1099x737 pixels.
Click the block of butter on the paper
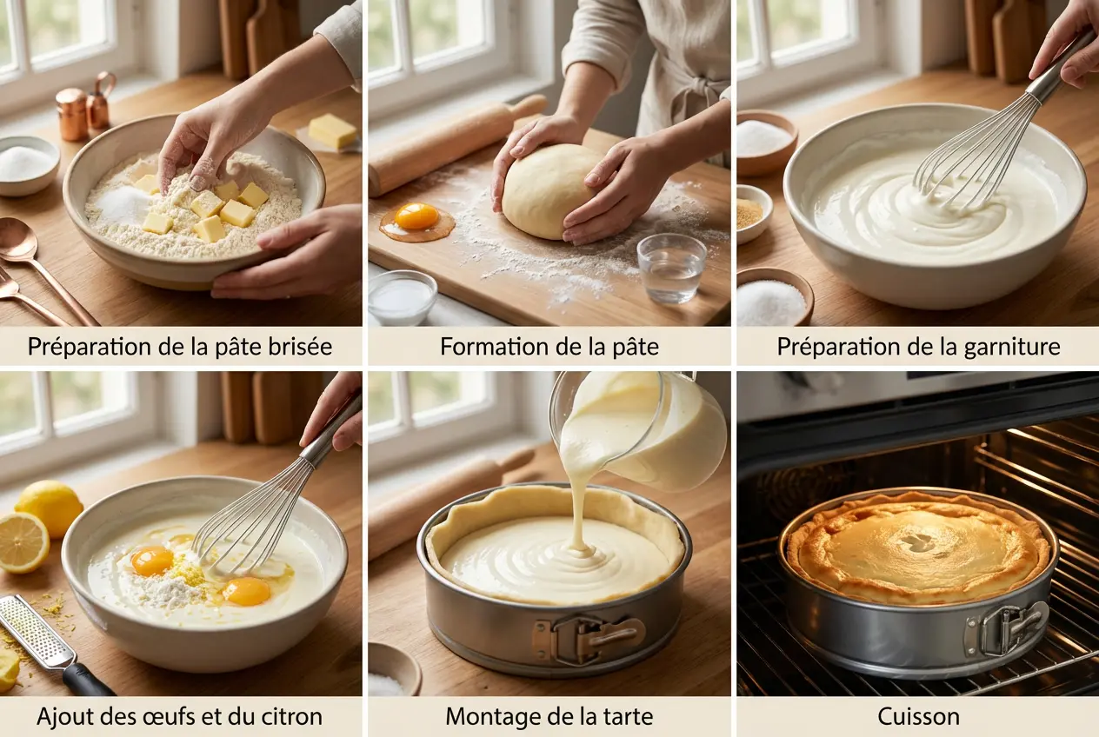click(x=332, y=131)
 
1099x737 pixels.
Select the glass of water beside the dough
click(x=671, y=268)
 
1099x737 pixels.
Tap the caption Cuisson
click(x=917, y=716)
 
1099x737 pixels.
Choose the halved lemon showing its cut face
click(x=23, y=541)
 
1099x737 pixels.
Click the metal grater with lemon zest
click(x=39, y=634)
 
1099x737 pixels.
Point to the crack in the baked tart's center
click(x=916, y=541)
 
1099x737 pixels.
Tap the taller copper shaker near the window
click(x=102, y=101)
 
